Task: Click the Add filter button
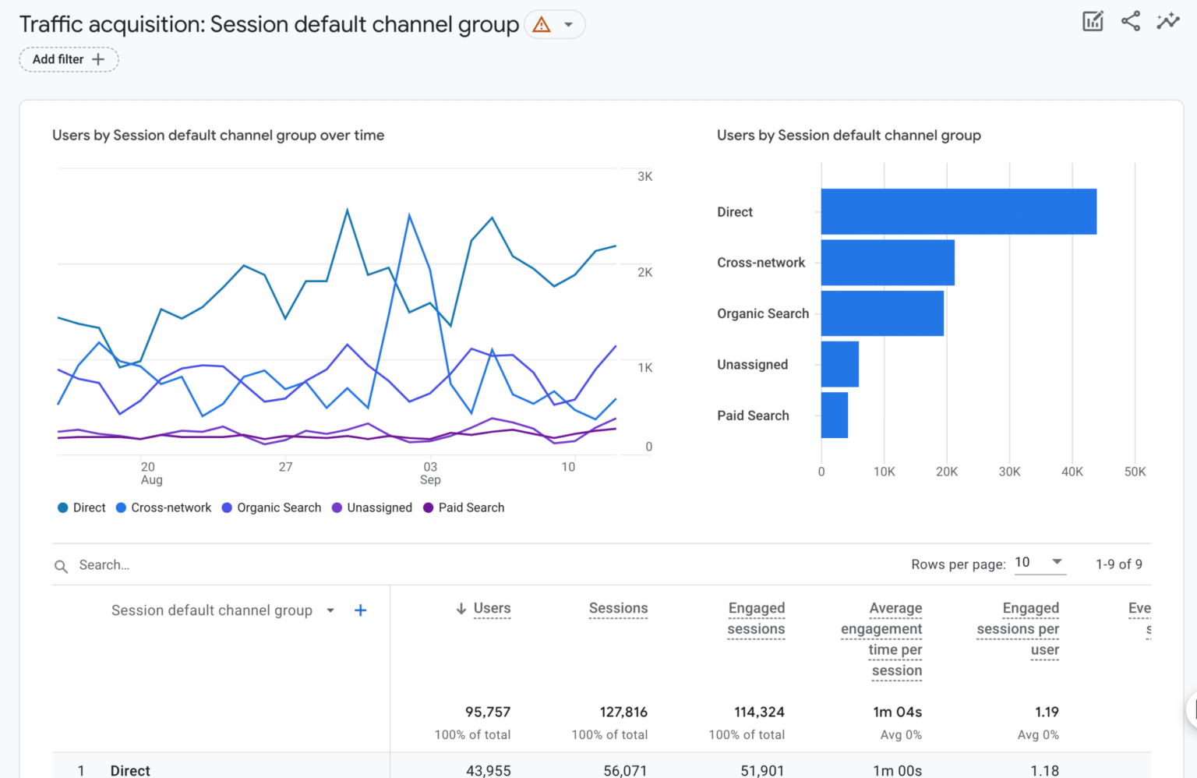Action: [69, 59]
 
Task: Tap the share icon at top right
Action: [1130, 21]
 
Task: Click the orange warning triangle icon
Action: [542, 25]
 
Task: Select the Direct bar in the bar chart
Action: [958, 211]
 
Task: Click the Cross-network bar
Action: [887, 263]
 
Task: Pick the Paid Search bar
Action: [834, 416]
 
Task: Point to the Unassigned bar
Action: [839, 364]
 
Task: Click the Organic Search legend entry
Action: [271, 507]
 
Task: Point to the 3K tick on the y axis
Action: [644, 177]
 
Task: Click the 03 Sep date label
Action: [430, 473]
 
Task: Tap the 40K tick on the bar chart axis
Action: [1072, 472]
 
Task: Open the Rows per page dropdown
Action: [1040, 562]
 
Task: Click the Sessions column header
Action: [618, 608]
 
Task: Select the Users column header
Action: [491, 608]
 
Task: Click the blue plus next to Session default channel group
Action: [360, 610]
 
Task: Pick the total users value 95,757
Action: [487, 712]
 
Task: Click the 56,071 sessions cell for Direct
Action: [624, 770]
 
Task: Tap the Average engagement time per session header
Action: [882, 639]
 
